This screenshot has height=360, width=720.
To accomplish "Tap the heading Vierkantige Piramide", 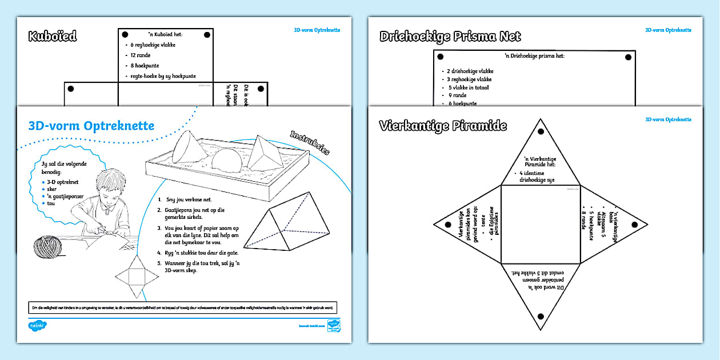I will (443, 126).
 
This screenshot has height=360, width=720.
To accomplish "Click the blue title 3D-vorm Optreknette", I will (91, 126).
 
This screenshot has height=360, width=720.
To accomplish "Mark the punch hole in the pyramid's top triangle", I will (541, 132).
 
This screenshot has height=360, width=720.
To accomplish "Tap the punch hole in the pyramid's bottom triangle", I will (541, 315).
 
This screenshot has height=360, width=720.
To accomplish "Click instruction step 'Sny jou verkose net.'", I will (189, 200).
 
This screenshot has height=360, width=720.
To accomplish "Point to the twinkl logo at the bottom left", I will (38, 326).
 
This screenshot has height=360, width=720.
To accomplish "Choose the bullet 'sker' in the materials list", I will (51, 188).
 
